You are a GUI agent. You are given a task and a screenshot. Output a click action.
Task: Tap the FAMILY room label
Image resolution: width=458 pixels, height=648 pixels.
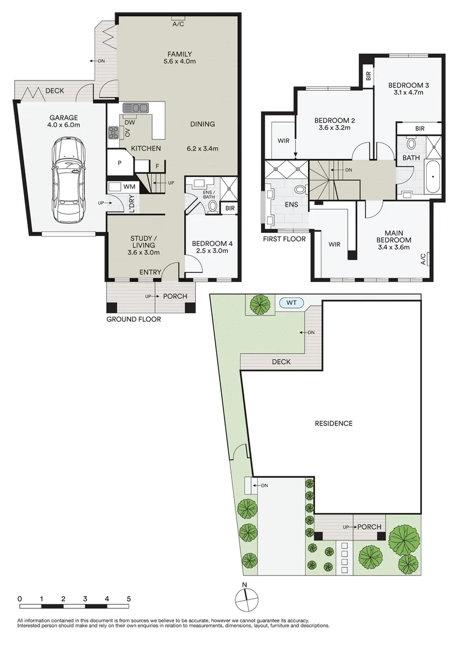(180, 55)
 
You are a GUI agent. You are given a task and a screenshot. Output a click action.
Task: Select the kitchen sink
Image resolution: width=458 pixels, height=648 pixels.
(136, 108)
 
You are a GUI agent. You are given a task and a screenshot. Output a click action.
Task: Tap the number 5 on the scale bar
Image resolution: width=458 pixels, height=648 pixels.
(128, 599)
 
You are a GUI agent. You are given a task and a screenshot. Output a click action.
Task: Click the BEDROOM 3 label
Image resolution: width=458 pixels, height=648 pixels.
(408, 85)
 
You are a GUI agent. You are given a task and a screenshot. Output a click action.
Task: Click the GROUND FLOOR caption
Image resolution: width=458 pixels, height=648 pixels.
(133, 319)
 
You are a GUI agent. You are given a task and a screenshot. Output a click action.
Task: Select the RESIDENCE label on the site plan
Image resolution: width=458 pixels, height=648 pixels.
(334, 424)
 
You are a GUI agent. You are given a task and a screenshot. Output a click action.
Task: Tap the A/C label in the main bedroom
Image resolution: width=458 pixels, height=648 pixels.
(423, 259)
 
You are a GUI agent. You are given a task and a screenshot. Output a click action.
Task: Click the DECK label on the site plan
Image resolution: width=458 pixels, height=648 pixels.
(281, 362)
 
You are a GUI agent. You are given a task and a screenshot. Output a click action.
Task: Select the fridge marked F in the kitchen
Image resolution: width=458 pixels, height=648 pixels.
(157, 166)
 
